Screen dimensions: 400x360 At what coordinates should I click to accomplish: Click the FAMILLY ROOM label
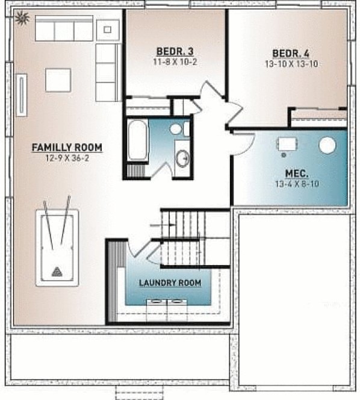click(67, 147)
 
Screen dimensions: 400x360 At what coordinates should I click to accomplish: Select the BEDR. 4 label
click(291, 54)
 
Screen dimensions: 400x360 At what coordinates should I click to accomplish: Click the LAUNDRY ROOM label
click(170, 283)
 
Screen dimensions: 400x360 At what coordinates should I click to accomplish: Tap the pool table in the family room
click(57, 247)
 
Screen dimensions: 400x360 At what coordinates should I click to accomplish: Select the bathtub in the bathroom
click(137, 140)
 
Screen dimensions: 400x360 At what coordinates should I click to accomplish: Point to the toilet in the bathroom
click(177, 129)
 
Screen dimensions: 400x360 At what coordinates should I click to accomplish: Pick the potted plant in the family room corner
click(23, 19)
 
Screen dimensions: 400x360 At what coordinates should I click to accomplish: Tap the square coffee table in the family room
click(58, 80)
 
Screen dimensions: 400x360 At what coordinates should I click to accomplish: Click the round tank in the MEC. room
click(327, 144)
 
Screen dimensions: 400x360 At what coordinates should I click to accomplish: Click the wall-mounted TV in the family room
click(22, 95)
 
